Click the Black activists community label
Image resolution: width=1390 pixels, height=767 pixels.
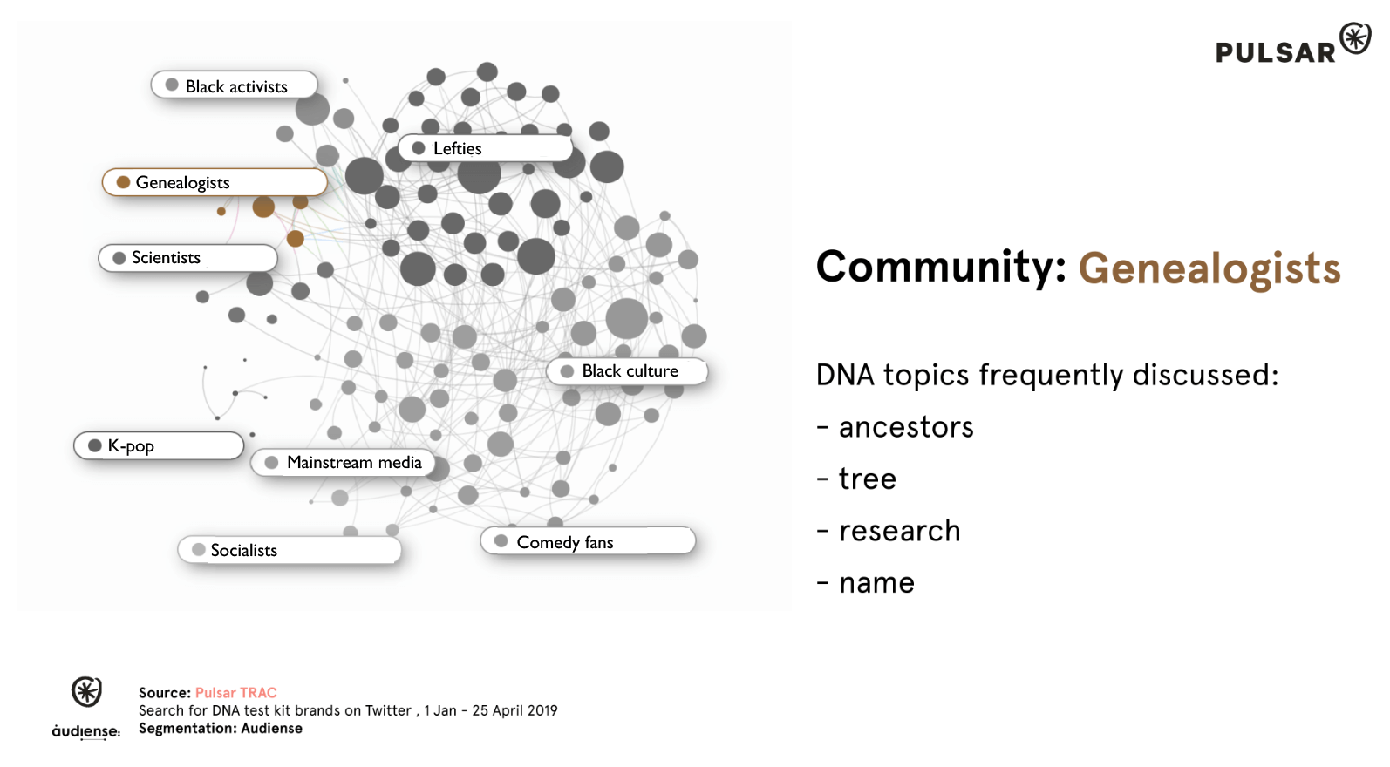235,85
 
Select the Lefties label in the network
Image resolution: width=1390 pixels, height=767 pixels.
485,148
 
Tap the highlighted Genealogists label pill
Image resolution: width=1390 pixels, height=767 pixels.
215,182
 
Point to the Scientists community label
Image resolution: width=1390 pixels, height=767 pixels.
188,257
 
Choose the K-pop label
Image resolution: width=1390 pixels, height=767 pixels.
159,445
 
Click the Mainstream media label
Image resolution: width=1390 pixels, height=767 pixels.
344,463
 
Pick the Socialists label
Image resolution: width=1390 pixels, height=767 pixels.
290,550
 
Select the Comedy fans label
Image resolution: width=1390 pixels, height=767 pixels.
588,541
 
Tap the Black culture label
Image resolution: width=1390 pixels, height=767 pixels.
627,371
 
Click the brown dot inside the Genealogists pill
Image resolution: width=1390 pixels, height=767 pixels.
123,182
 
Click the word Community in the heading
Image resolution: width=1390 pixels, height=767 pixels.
941,268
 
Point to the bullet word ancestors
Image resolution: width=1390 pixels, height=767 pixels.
906,428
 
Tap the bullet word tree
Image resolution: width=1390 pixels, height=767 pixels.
868,479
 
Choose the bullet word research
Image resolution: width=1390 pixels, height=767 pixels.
899,532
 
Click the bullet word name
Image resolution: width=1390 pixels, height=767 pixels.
876,583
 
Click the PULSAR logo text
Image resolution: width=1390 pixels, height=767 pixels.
1275,52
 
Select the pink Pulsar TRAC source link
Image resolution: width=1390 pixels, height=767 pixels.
235,693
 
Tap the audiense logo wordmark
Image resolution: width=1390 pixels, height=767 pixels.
85,731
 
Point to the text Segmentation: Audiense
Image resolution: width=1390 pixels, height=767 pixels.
221,729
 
